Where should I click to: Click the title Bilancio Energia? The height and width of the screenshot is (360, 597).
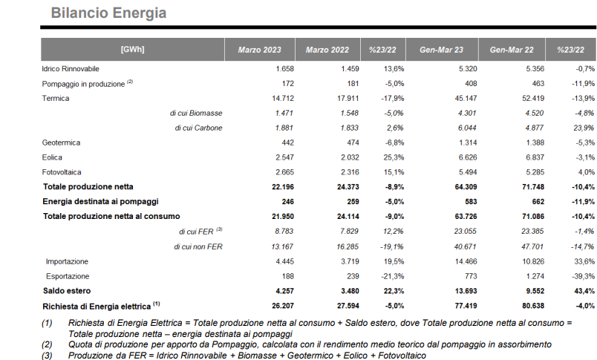pyautogui.click(x=108, y=13)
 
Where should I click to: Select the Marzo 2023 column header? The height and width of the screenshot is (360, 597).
pyautogui.click(x=260, y=50)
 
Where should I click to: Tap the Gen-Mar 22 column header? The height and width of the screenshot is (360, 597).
pyautogui.click(x=512, y=50)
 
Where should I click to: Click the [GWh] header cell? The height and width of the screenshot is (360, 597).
pyautogui.click(x=132, y=50)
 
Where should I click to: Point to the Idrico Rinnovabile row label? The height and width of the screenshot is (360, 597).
pyautogui.click(x=71, y=69)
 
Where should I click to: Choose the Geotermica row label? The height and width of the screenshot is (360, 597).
pyautogui.click(x=61, y=143)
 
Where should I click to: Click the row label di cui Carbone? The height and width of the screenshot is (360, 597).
pyautogui.click(x=198, y=128)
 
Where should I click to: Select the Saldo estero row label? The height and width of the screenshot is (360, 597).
pyautogui.click(x=67, y=291)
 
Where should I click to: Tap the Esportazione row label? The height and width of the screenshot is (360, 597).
pyautogui.click(x=68, y=276)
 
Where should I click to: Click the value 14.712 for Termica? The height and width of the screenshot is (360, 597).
pyautogui.click(x=283, y=98)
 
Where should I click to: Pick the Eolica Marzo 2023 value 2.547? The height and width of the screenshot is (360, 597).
pyautogui.click(x=285, y=157)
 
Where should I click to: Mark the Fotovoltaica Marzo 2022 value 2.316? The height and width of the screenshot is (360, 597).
pyautogui.click(x=350, y=172)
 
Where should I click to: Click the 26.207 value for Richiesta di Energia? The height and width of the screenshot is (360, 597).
pyautogui.click(x=283, y=306)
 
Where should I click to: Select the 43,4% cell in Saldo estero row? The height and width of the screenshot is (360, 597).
pyautogui.click(x=584, y=291)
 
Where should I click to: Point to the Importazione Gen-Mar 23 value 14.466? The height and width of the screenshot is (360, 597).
pyautogui.click(x=466, y=261)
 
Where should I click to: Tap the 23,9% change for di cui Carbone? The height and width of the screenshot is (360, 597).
pyautogui.click(x=584, y=128)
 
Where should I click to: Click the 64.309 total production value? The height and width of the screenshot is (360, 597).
pyautogui.click(x=466, y=187)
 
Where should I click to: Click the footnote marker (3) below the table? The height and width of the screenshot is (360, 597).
pyautogui.click(x=47, y=356)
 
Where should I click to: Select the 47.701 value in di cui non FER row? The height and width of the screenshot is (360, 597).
pyautogui.click(x=532, y=246)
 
